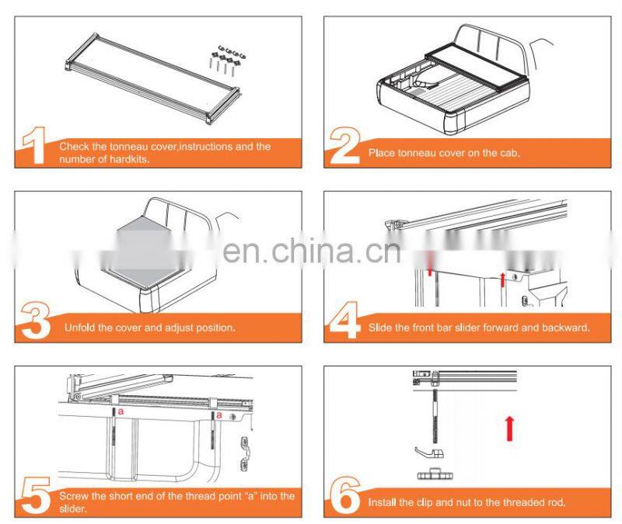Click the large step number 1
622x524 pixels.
(x=36, y=147)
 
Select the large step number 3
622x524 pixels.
(x=36, y=321)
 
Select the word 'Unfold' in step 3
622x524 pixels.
(x=80, y=328)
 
